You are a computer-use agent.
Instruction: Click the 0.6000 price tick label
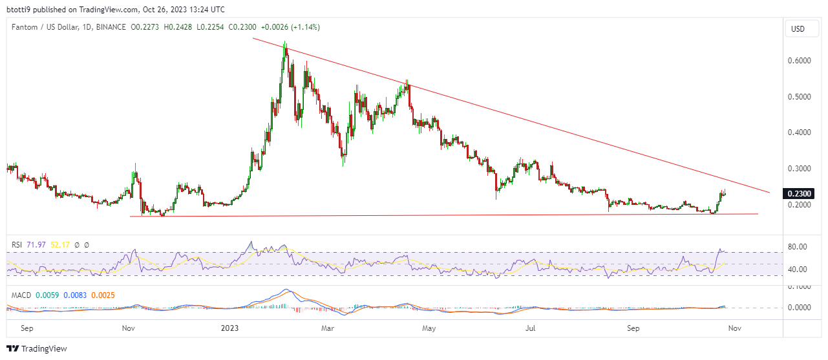tap(799, 61)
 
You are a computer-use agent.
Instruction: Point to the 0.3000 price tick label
tap(799, 169)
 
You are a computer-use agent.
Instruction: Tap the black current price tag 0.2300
tap(799, 193)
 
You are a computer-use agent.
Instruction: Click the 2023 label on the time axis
tap(229, 328)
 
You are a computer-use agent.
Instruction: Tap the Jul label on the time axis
tap(531, 328)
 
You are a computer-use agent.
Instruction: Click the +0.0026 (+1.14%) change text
tap(290, 27)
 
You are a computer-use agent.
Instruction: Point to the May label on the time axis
tap(430, 328)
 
